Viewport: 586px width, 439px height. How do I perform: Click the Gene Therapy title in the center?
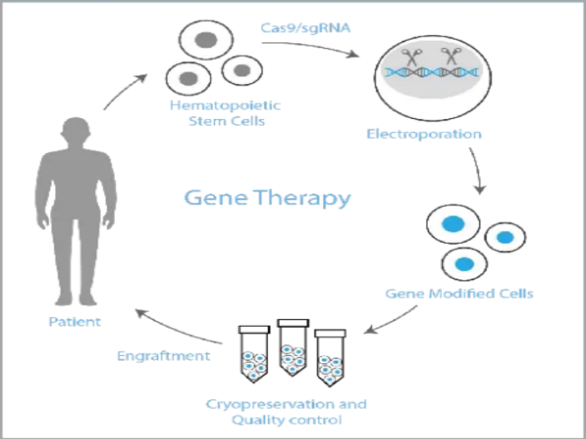[x=267, y=198]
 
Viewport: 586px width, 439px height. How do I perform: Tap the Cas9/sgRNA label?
[x=305, y=28]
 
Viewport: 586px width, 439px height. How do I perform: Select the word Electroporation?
[x=424, y=134]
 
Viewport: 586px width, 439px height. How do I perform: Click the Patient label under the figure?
[x=75, y=322]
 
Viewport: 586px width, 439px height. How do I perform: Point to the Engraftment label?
[x=164, y=356]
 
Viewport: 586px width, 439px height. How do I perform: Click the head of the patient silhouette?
[x=76, y=130]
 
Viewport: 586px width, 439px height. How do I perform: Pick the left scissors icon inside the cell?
[x=410, y=57]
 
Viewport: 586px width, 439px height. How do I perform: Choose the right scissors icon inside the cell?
[x=451, y=57]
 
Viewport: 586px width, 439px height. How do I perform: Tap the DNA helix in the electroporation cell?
[x=432, y=72]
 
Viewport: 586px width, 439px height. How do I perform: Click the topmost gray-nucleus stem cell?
[x=206, y=40]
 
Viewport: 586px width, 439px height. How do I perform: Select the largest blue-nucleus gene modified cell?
[x=454, y=224]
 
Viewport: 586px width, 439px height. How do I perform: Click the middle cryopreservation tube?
[x=293, y=348]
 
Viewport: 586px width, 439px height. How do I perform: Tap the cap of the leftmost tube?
[x=254, y=329]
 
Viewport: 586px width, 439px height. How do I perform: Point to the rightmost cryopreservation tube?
[x=330, y=358]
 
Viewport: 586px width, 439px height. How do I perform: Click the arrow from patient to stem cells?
[x=124, y=91]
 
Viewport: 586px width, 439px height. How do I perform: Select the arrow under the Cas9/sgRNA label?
[x=310, y=47]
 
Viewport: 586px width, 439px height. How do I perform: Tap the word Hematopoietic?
[x=226, y=106]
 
